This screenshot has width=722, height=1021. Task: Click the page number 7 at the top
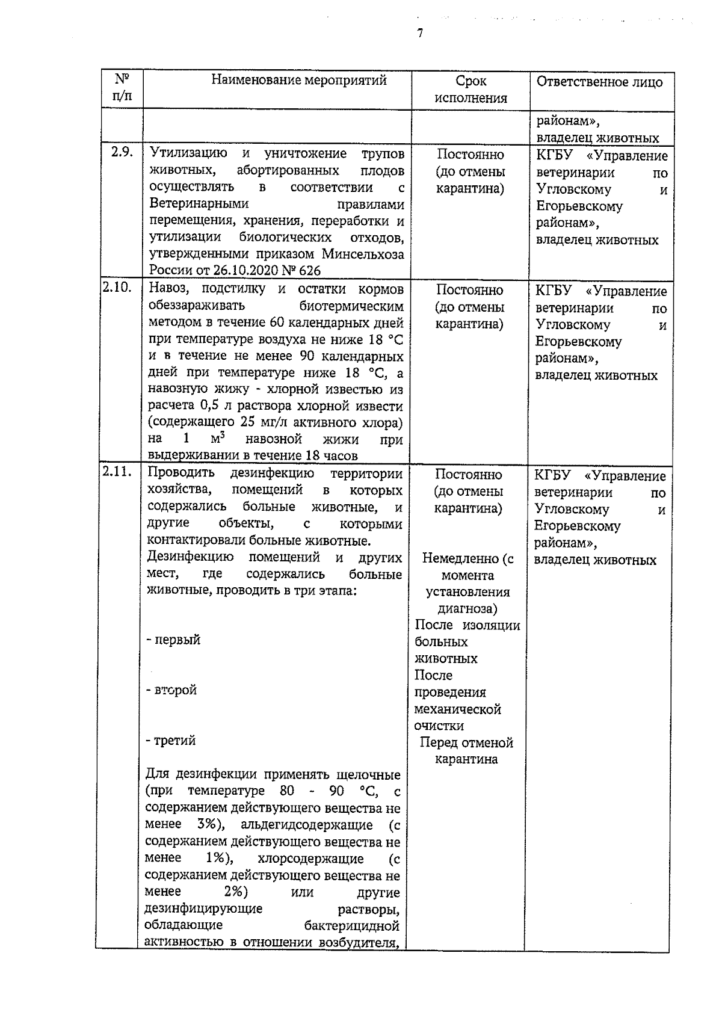pyautogui.click(x=420, y=33)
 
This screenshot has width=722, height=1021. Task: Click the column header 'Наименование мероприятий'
pyautogui.click(x=298, y=80)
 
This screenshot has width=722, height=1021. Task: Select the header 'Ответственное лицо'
pyautogui.click(x=599, y=82)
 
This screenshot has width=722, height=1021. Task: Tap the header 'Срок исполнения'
pyautogui.click(x=471, y=90)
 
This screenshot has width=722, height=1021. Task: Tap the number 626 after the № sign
pyautogui.click(x=307, y=271)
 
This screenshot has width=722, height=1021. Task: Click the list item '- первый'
pyautogui.click(x=173, y=640)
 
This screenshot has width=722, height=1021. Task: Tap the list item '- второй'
pyautogui.click(x=171, y=690)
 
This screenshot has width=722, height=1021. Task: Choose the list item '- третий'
pyautogui.click(x=171, y=741)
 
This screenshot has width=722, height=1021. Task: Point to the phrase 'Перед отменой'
pyautogui.click(x=466, y=742)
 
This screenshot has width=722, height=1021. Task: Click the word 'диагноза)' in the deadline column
pyautogui.click(x=467, y=608)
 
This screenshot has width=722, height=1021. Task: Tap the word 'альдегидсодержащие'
pyautogui.click(x=306, y=824)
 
